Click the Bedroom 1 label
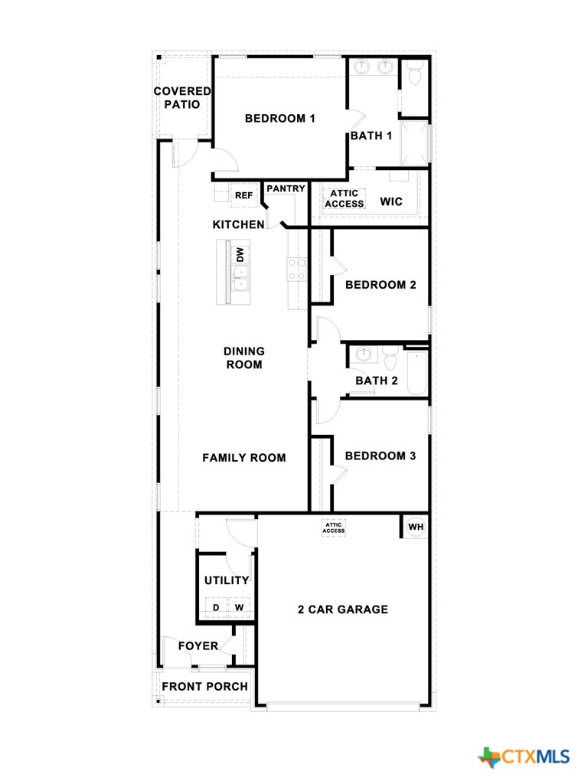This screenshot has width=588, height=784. pos(280,119)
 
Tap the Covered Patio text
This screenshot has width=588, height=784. pos(182,98)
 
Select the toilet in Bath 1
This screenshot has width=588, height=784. pos(414,74)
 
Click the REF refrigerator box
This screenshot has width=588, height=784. pos(243,195)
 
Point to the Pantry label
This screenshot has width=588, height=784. pos(286,188)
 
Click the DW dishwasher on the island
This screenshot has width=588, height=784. pos(240,254)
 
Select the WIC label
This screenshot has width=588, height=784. pos(391,202)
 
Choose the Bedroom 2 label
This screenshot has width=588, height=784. pos(381,285)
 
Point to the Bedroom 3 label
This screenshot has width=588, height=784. pos(381,456)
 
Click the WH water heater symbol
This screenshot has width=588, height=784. pos(415,527)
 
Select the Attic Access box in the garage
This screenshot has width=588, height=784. pos(334,528)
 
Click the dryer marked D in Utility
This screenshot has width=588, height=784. pos(216,608)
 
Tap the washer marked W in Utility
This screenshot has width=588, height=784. pos(239,608)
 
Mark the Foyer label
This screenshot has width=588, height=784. pos(198,646)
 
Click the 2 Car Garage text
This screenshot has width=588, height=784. pos(343,609)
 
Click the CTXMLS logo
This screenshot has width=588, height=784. pos(524,757)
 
